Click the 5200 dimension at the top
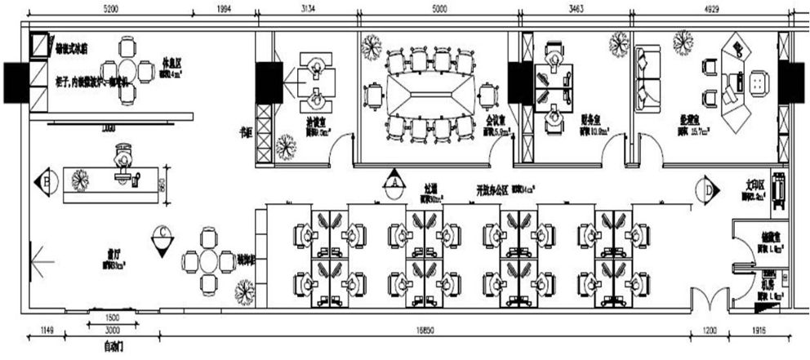[x=111, y=8]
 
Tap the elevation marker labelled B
[x=46, y=179]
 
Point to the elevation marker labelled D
[x=707, y=189]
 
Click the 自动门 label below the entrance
[x=112, y=346]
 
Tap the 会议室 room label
[x=494, y=119]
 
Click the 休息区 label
[x=171, y=60]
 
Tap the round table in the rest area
[x=127, y=69]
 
